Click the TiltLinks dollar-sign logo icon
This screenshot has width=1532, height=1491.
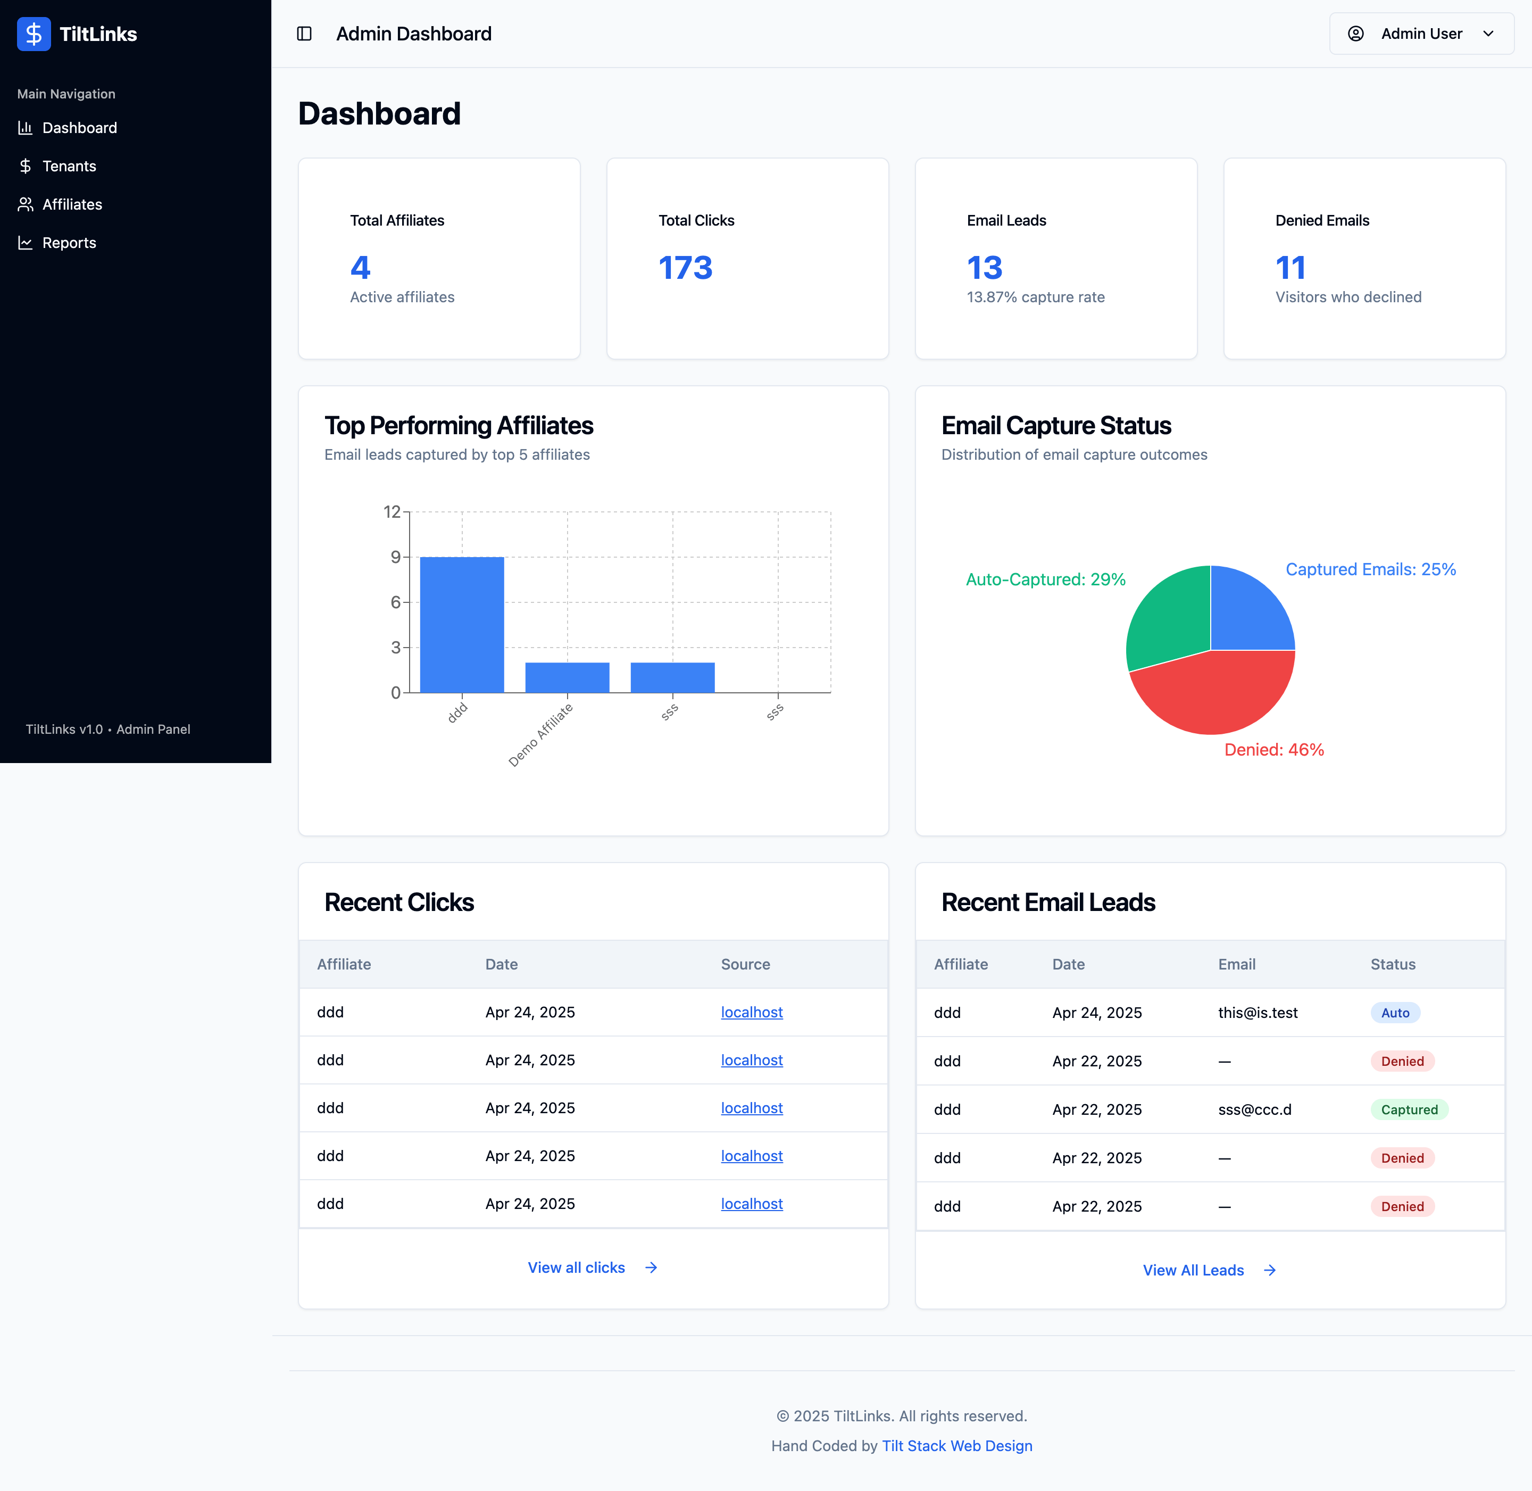click(34, 34)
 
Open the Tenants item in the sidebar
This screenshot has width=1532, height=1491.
click(69, 166)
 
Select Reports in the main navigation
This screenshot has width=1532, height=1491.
click(69, 243)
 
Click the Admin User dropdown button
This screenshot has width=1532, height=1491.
click(1421, 34)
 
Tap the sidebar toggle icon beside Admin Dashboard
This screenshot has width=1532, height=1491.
click(304, 34)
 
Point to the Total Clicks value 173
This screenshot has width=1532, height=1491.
click(685, 268)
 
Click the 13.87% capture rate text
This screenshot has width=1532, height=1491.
click(1035, 297)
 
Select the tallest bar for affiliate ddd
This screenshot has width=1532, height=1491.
click(462, 624)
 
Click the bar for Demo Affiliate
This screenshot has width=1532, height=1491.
click(567, 677)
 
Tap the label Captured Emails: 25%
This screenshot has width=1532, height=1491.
click(1370, 569)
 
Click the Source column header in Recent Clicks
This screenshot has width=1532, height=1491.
click(745, 964)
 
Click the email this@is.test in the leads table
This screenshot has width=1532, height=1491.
click(1257, 1013)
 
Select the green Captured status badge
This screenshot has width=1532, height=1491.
click(1408, 1109)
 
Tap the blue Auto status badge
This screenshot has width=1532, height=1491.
click(1394, 1013)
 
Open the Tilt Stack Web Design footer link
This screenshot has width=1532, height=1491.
click(956, 1446)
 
